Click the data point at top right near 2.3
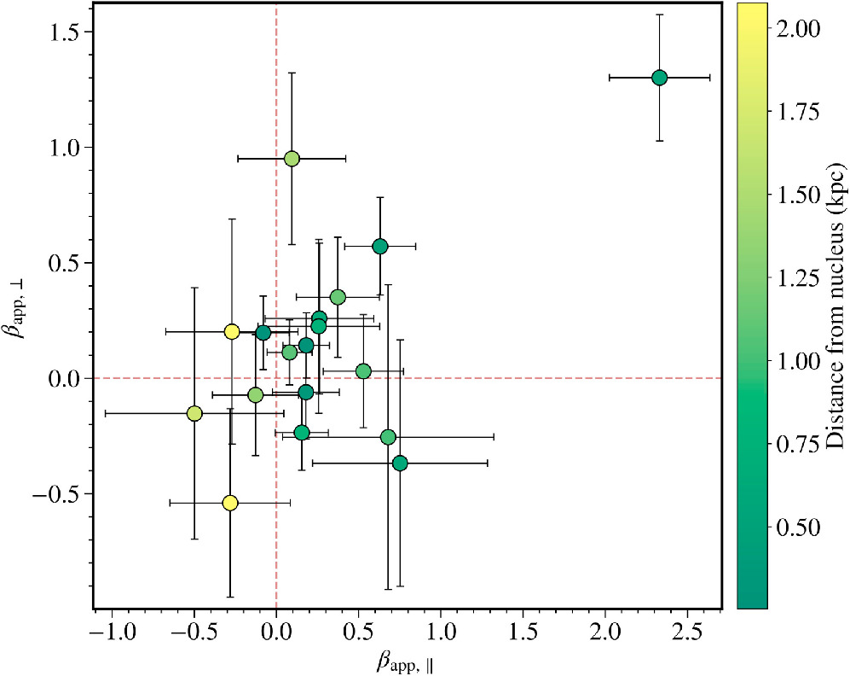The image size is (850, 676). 659,78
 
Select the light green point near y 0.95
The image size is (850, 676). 292,159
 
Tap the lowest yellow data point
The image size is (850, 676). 229,503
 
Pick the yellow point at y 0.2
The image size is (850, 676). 231,331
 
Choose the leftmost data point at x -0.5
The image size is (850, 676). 194,413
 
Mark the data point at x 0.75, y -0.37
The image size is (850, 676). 400,463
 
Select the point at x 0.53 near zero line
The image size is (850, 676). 363,370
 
